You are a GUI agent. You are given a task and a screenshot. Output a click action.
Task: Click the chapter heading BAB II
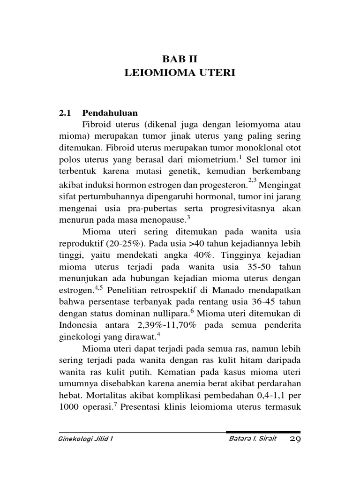pyautogui.click(x=180, y=59)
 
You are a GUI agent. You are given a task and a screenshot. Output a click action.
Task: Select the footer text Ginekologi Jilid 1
pyautogui.click(x=86, y=439)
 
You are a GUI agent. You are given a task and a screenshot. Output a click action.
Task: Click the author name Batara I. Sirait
pyautogui.click(x=251, y=439)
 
